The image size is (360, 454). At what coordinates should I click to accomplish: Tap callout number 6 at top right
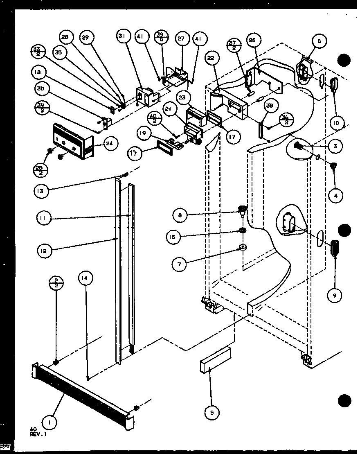click(x=319, y=41)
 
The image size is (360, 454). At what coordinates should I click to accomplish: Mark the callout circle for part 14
click(x=86, y=278)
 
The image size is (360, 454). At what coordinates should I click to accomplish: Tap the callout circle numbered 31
click(x=122, y=36)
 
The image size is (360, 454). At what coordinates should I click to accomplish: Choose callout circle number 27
click(x=181, y=39)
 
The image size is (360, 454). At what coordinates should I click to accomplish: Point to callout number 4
click(x=335, y=196)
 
